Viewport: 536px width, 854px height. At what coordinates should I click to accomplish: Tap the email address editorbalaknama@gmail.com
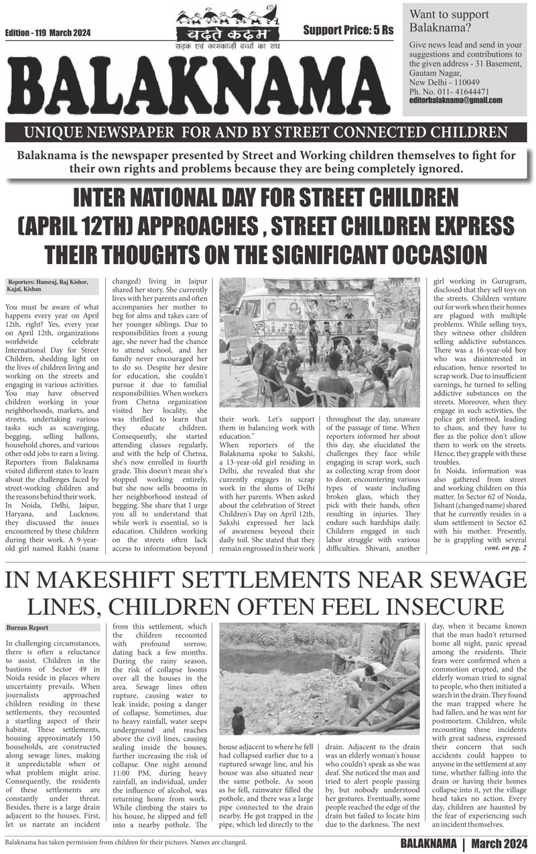[x=456, y=100]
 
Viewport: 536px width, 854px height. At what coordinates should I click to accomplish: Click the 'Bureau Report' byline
[x=27, y=627]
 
